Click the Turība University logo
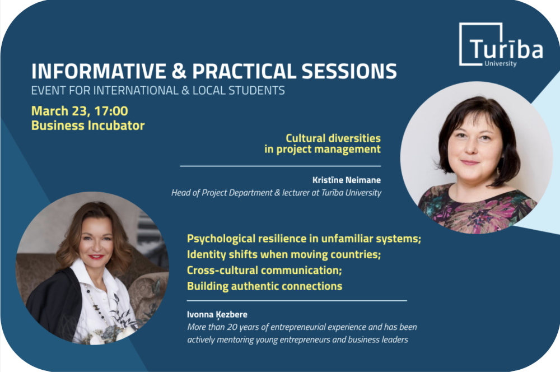501,45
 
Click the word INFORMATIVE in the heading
99,71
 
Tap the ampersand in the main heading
179,71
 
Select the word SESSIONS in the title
349,71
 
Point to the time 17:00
111,111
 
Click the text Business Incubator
88,125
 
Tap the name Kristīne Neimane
347,180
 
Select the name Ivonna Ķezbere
217,314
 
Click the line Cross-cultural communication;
264,270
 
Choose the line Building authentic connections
265,286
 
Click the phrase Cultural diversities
333,138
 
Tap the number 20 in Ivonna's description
232,327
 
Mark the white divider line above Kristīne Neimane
281,166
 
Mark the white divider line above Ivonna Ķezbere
297,301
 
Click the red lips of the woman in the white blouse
96,256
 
